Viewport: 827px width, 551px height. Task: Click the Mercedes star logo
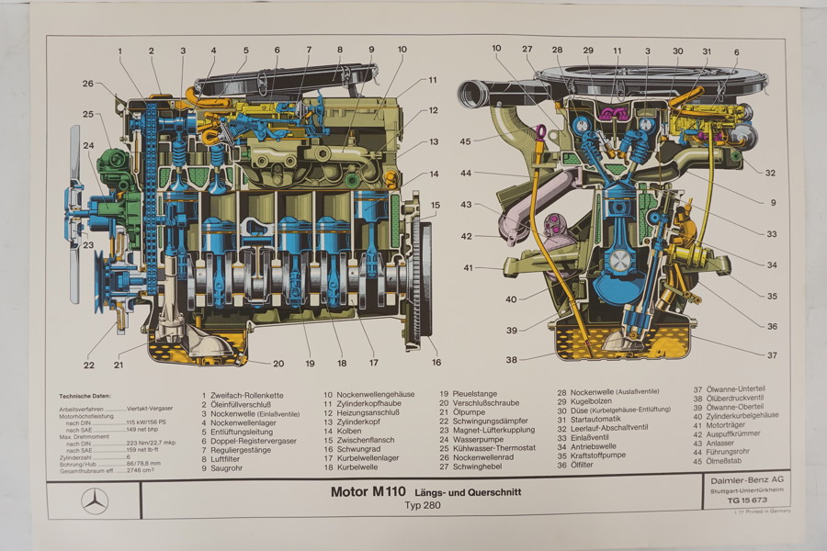tap(94, 501)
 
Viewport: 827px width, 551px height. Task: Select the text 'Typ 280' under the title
tap(423, 507)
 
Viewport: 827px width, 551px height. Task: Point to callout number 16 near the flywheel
tap(436, 362)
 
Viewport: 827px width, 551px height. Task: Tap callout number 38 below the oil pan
tap(510, 359)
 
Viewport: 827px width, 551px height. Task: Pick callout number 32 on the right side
tap(770, 172)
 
